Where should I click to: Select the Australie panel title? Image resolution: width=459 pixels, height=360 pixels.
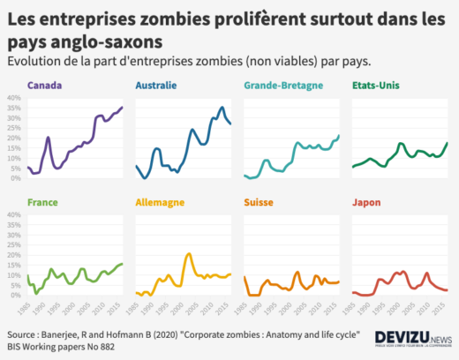tap(156, 86)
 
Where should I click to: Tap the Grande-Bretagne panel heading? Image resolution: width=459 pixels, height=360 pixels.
tap(280, 86)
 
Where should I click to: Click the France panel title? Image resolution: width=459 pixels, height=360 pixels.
tap(44, 202)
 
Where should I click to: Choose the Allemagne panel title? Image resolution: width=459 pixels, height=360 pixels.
tap(160, 202)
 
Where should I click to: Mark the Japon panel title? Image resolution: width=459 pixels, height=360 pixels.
tap(366, 202)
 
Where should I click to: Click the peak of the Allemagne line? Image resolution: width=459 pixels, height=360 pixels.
tap(189, 254)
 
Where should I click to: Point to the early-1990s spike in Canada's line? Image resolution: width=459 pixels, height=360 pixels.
tap(49, 138)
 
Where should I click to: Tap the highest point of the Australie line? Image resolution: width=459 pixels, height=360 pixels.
tap(221, 108)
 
